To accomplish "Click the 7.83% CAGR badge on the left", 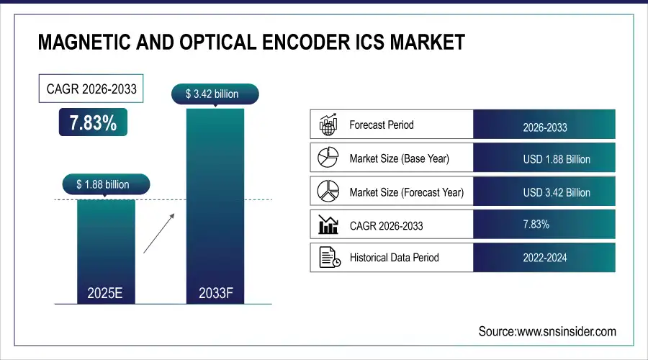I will click(x=93, y=123).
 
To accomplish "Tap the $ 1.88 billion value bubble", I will click(x=103, y=185).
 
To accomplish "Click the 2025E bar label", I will click(x=106, y=293).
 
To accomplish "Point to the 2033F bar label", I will click(x=215, y=293).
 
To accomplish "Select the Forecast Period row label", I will click(x=382, y=125).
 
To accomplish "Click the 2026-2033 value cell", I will click(x=544, y=127).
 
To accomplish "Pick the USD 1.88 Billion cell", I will click(x=544, y=159).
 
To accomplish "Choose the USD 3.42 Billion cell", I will click(x=544, y=192).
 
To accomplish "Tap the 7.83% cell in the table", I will click(x=536, y=225).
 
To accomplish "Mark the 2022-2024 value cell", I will click(x=544, y=257).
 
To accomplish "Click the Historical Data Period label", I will click(x=394, y=257).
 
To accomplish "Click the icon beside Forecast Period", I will click(x=328, y=125).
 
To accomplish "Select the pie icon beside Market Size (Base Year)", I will click(x=328, y=158).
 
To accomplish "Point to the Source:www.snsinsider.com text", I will click(x=547, y=331).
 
